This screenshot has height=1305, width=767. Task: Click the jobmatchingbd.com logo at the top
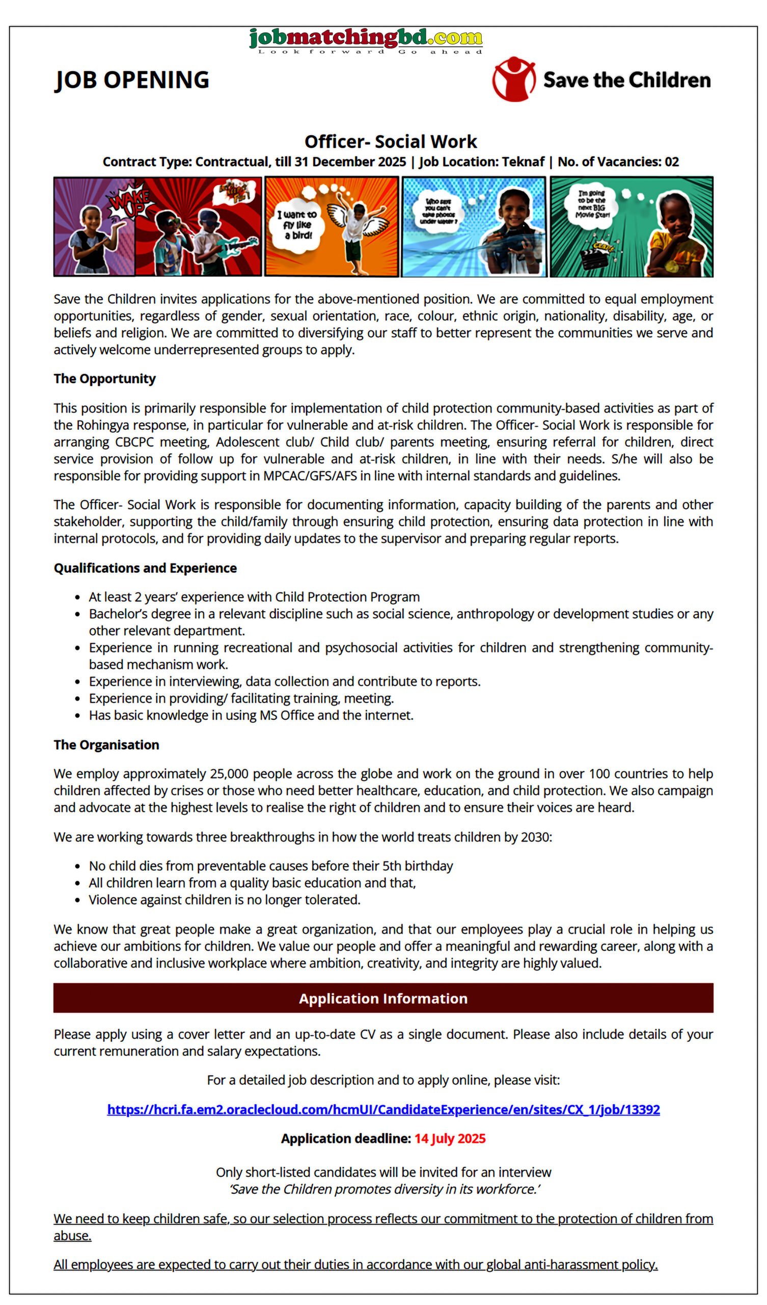coord(365,40)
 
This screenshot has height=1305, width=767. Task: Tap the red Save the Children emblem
coord(513,79)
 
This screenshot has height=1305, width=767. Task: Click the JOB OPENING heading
coord(132,80)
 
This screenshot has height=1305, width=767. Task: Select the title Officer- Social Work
coord(390,141)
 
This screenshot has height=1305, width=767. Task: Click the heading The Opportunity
coord(104,379)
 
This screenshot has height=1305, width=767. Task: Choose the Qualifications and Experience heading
coord(145,568)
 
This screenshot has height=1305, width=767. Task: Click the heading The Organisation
coord(106,745)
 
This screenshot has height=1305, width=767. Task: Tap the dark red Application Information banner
coord(383,998)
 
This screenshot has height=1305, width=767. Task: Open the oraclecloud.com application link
coord(383,1109)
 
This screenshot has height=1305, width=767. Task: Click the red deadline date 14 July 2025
coord(450,1138)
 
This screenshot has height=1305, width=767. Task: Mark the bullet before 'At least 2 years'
coord(77,597)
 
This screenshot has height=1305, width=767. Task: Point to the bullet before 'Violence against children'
coord(77,900)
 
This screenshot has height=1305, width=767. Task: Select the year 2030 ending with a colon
coord(536,837)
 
